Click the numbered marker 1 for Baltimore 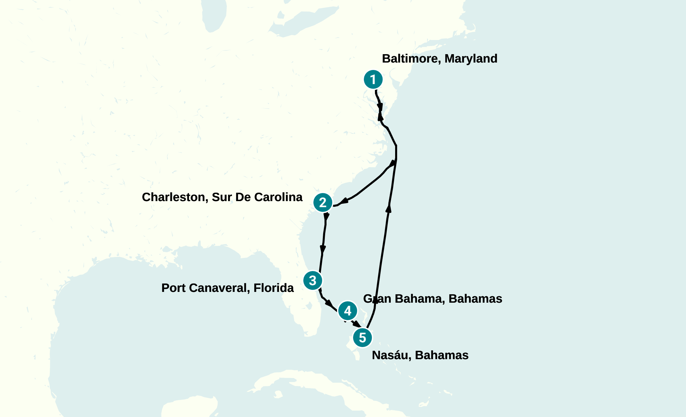(x=373, y=80)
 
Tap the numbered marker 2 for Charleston (x=323, y=202)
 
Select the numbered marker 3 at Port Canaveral (x=313, y=280)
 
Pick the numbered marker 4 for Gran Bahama (x=348, y=311)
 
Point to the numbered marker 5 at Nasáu (x=363, y=338)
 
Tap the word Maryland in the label (x=471, y=59)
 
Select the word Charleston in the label (x=174, y=197)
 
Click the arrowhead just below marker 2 (x=326, y=217)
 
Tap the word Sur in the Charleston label (x=222, y=197)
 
